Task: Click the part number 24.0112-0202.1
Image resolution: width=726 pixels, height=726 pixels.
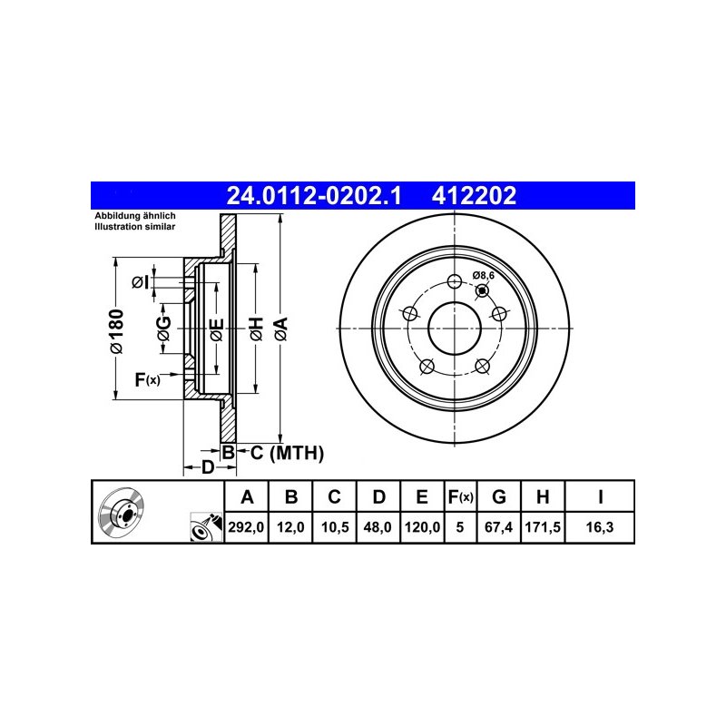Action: coord(314,196)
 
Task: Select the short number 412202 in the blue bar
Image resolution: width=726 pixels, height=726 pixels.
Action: coord(474,196)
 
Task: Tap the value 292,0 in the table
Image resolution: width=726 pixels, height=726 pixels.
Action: coord(246,527)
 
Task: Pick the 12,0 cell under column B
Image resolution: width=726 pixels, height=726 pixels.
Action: coord(290,527)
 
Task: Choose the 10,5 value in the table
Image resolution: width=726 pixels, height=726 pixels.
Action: coord(335,527)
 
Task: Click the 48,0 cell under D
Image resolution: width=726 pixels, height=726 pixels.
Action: coord(378,527)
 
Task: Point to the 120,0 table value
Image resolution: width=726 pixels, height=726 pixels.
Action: coord(422,527)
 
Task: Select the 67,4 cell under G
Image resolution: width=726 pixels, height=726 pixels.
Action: coord(498,527)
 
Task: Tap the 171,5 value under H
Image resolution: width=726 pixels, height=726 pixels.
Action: coord(543,527)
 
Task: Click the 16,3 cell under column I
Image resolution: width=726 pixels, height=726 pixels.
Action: coord(600,527)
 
